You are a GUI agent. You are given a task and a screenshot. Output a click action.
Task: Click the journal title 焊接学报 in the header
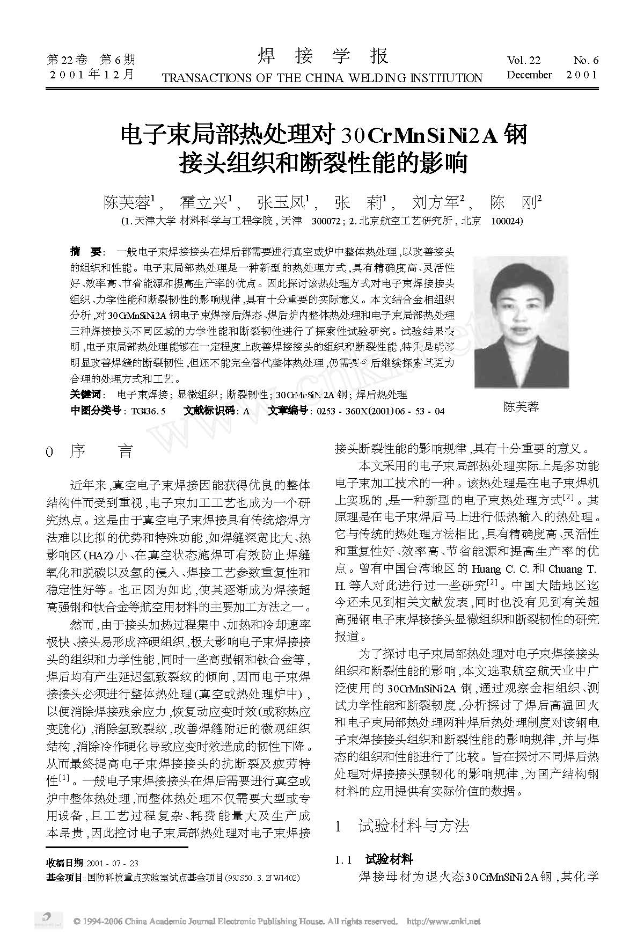(323, 56)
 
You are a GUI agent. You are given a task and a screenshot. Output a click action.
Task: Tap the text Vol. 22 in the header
(523, 60)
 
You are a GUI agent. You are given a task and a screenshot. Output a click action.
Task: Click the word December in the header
(529, 75)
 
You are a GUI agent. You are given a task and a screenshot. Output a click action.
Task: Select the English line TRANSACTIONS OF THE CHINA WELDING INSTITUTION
(322, 78)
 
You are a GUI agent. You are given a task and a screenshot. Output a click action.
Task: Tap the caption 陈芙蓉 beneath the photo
(521, 406)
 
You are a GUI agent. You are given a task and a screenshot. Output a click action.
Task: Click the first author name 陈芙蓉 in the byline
(127, 202)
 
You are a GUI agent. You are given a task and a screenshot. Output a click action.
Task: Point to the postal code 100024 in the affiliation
(507, 221)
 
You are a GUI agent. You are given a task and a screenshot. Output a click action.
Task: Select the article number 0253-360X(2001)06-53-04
(381, 411)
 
